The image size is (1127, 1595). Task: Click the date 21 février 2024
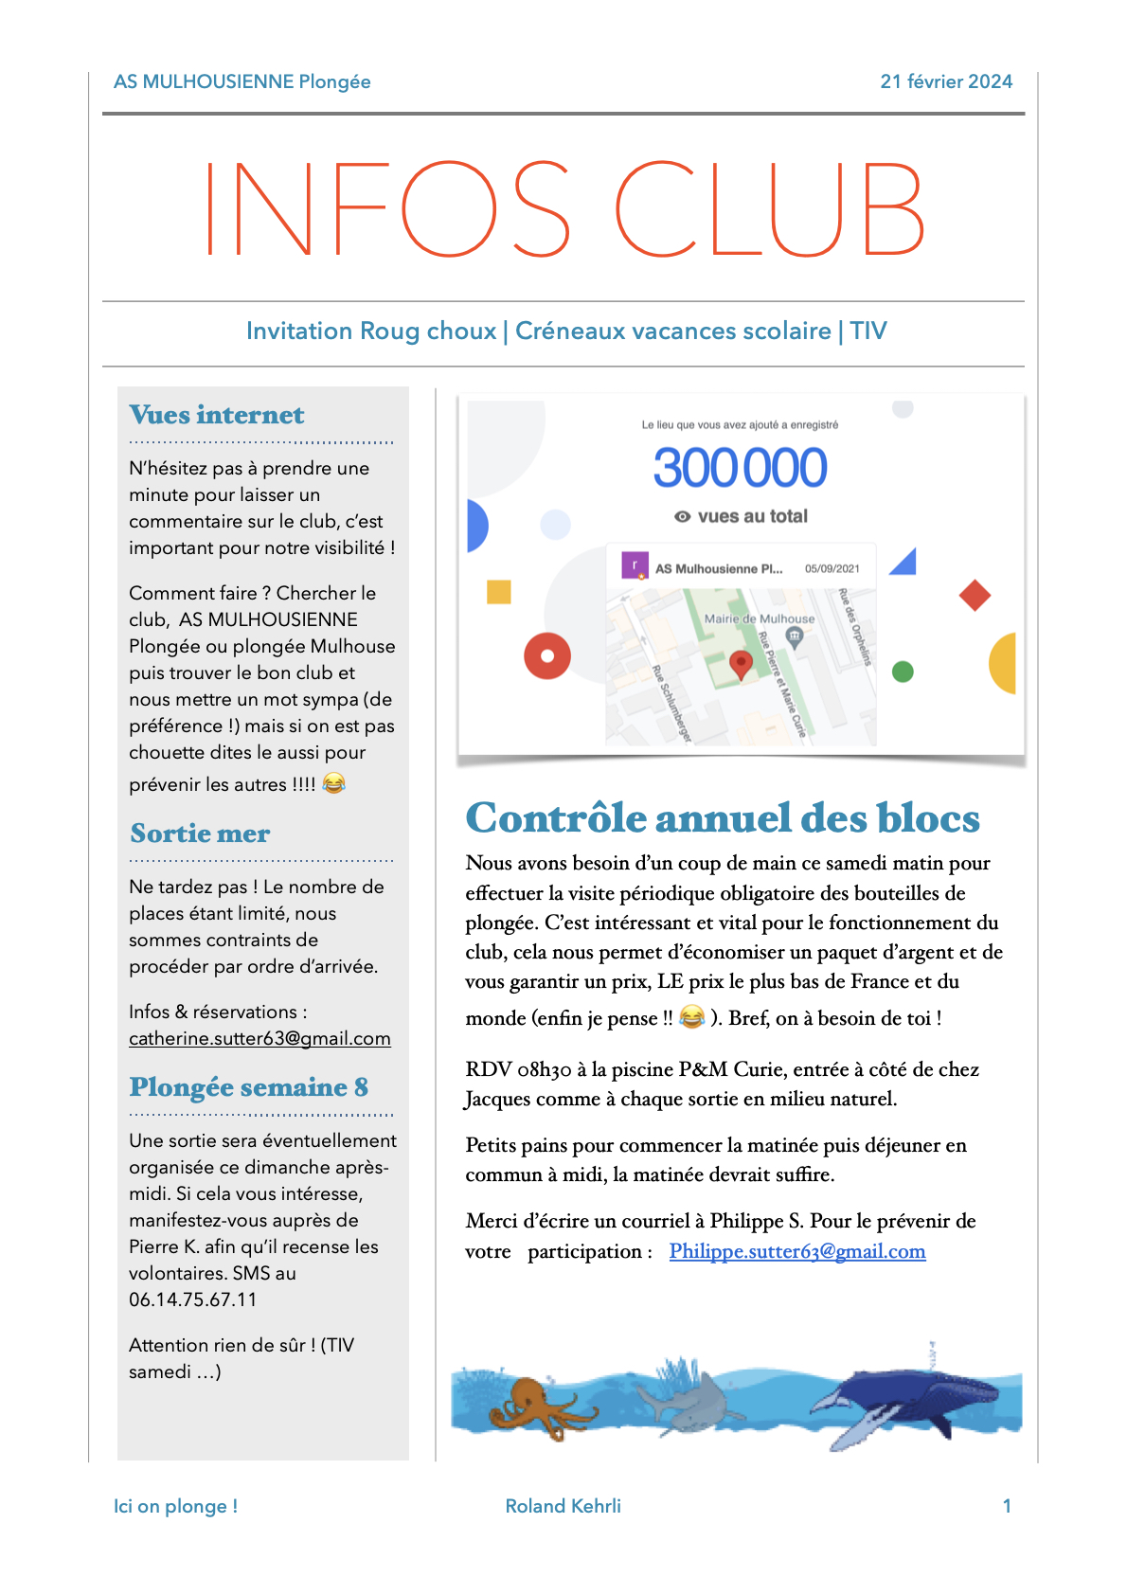[x=945, y=81]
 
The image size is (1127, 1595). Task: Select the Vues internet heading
[x=217, y=415]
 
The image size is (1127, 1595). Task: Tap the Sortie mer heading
[x=200, y=833]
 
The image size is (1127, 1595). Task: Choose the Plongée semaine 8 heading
[x=248, y=1087]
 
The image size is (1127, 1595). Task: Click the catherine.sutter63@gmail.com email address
[x=259, y=1039]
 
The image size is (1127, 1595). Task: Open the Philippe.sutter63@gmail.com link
[x=796, y=1251]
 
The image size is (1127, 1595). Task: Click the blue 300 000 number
[x=740, y=468]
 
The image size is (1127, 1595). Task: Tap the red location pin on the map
[x=742, y=664]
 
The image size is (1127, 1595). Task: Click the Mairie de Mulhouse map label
[x=759, y=618]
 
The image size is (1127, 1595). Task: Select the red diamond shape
[x=975, y=596]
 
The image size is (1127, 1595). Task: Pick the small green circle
[x=903, y=672]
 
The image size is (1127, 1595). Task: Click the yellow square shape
[x=499, y=592]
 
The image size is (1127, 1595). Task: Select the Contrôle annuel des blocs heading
[x=722, y=818]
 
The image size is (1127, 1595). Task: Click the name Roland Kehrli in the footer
[x=563, y=1506]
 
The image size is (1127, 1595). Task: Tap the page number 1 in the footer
[x=1007, y=1506]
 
